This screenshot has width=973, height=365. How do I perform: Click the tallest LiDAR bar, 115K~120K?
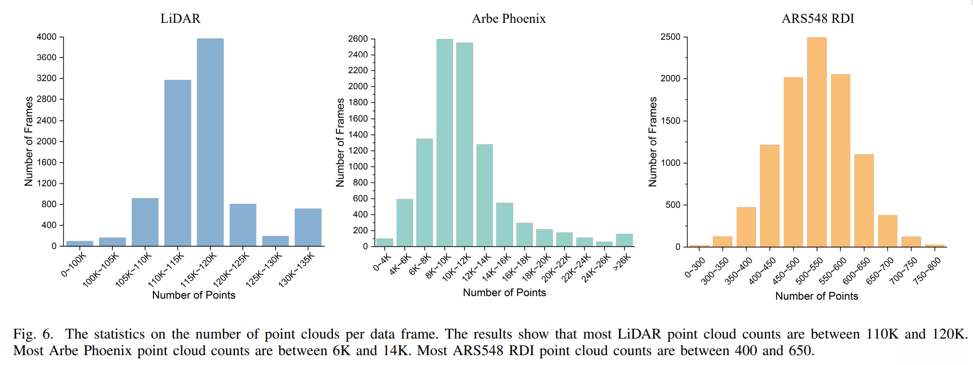pos(210,142)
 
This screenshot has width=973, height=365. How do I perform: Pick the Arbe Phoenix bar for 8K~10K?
pos(444,143)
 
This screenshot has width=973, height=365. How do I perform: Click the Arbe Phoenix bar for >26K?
pos(624,240)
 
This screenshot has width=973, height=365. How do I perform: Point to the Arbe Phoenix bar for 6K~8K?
pos(425,192)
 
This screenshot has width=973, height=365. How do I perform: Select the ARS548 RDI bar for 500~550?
pos(816,142)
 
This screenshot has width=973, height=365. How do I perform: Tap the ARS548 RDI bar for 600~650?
pos(864,201)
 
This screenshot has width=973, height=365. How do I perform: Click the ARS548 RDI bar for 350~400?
pos(746,227)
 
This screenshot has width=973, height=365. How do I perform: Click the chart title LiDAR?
pos(180,19)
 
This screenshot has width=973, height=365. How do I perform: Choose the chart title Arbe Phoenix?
pos(509,19)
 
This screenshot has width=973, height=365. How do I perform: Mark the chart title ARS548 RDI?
pos(817,19)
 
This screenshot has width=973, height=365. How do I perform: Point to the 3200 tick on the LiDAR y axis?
pos(47,78)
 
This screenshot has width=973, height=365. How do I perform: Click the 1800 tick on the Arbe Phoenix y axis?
pos(358,102)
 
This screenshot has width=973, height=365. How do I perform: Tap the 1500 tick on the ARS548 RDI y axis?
pos(670,121)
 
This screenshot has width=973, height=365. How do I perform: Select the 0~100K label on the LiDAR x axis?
pos(73,264)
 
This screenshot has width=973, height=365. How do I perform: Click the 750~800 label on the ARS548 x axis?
pos(927,271)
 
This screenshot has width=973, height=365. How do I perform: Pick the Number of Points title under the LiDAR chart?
pos(193,295)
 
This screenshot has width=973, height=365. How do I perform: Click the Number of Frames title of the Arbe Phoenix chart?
pos(340,142)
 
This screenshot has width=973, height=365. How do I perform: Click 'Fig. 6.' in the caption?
pos(33,334)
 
